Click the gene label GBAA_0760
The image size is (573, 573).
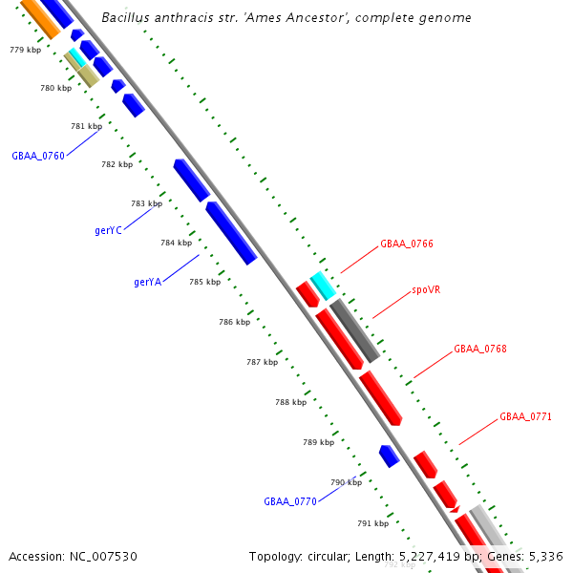point(38,156)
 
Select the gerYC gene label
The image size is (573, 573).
point(108,230)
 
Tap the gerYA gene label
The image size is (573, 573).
point(147,282)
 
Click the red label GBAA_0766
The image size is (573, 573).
point(407,244)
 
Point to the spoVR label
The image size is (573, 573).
point(426,289)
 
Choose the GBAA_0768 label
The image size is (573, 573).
point(479,350)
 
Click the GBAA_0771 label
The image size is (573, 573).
point(525,417)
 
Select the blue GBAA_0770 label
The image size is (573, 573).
point(289,501)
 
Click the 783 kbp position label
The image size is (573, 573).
point(146,203)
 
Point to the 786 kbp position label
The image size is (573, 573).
point(234,323)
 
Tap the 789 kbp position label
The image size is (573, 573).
point(318,442)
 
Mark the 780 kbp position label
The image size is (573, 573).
point(55,88)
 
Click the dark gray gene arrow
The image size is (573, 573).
point(355,329)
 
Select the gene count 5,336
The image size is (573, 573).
point(544,556)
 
